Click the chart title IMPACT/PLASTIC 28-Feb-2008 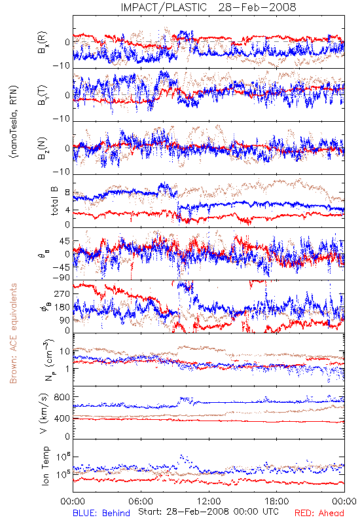point(208,7)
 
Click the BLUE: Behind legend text point(101,513)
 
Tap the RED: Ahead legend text point(319,513)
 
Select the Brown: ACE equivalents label point(13,333)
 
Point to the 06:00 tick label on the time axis point(141,501)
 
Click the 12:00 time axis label point(209,501)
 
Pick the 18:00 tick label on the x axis point(277,501)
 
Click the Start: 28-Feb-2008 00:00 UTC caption point(208,512)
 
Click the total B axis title point(54,201)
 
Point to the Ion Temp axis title point(45,466)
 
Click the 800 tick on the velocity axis point(62,397)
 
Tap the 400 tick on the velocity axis point(62,419)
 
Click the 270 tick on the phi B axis point(62,293)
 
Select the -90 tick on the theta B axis point(61,278)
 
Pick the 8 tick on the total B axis point(67,193)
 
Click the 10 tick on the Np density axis point(65,351)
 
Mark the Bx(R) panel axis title point(43,43)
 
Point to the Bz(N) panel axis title point(43,148)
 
